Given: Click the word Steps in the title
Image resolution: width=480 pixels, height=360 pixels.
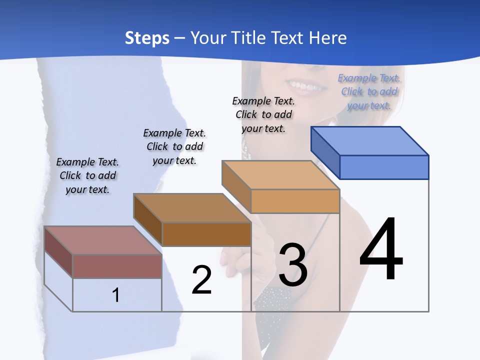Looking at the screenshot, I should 147,38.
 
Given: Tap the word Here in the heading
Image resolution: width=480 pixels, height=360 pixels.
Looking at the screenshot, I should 327,38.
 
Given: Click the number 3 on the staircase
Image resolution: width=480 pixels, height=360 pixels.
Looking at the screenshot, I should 293,264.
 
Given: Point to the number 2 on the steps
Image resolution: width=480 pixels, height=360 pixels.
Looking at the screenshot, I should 202,280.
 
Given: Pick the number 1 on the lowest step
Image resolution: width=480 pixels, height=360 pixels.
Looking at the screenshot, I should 115,295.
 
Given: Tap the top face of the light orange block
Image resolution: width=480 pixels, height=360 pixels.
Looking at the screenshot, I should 280,174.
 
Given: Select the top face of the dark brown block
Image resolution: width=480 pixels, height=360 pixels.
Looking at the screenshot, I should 192,207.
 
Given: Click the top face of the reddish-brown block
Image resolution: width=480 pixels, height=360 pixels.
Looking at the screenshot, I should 103,240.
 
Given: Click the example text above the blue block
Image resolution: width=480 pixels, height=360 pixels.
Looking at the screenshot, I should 369,91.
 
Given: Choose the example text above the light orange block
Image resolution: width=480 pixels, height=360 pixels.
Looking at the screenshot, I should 263,114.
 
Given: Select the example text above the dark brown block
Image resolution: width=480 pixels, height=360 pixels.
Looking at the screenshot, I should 174,146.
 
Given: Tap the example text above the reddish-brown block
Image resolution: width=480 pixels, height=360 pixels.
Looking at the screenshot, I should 87,175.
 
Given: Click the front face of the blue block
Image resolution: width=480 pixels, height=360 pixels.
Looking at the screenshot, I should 384,167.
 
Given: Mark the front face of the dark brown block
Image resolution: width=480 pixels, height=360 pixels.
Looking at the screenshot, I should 206,234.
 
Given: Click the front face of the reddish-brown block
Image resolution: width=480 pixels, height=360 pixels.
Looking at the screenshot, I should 117,266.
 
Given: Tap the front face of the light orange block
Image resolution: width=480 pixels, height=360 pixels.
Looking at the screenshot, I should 295,201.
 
